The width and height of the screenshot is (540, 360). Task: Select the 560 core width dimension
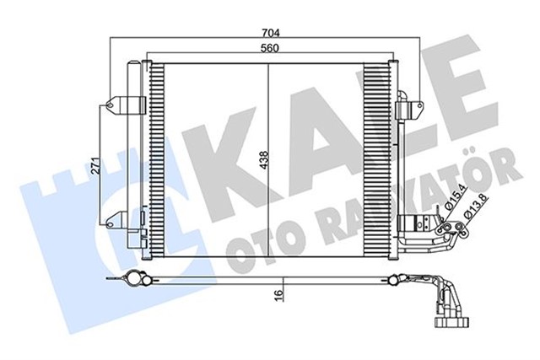click(x=269, y=47)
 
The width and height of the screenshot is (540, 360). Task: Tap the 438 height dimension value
click(x=264, y=159)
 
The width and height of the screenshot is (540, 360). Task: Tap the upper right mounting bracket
click(x=412, y=107)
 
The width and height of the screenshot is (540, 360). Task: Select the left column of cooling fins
click(x=158, y=160)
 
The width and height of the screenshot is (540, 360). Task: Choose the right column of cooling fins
click(x=375, y=160)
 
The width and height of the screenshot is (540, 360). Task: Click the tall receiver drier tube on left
click(x=134, y=152)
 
